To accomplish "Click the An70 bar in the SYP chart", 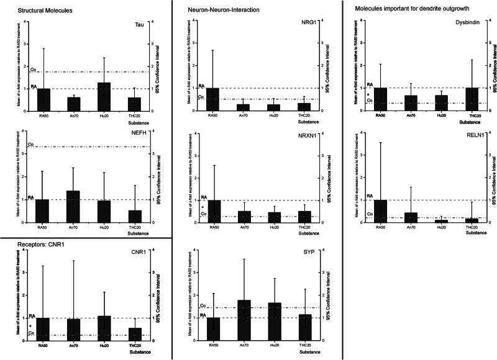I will (x=244, y=320).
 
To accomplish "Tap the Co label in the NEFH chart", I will (x=30, y=144).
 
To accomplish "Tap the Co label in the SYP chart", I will (x=203, y=305).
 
